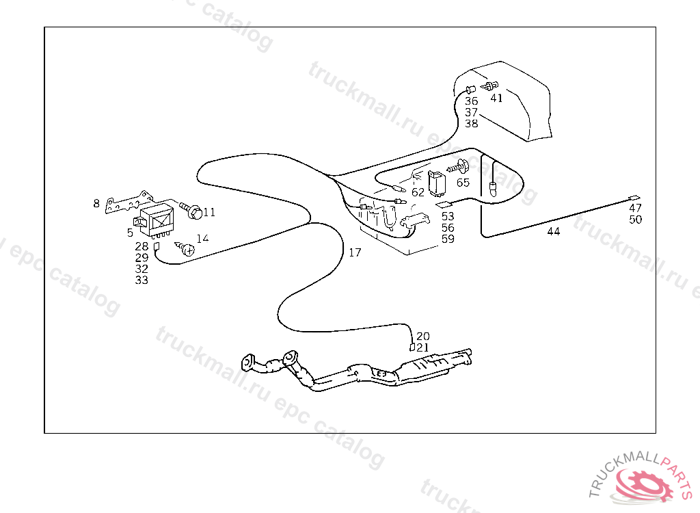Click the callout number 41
click(496, 98)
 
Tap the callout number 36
click(472, 101)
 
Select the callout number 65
click(463, 183)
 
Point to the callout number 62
click(418, 192)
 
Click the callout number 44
click(554, 232)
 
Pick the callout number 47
click(636, 208)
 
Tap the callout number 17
click(355, 252)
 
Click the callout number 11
click(208, 213)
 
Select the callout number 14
click(202, 239)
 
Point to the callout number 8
click(97, 203)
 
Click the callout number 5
click(130, 233)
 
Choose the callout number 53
click(448, 217)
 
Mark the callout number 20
click(423, 337)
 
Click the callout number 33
click(142, 280)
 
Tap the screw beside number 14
click(185, 248)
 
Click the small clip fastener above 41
click(488, 87)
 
